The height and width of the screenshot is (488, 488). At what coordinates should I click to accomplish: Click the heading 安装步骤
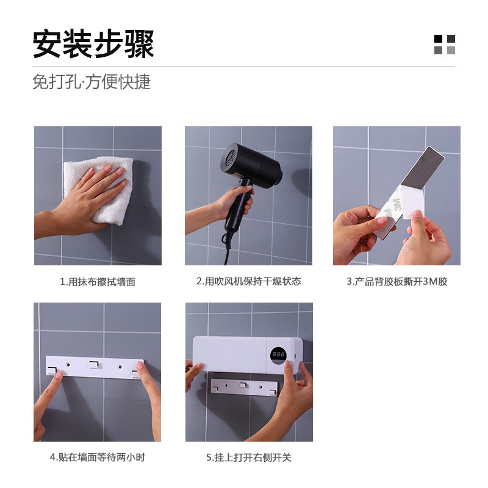point(93,45)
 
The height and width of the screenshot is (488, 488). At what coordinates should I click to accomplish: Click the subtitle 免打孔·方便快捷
point(91,82)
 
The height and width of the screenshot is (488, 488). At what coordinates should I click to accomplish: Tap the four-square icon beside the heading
point(444,45)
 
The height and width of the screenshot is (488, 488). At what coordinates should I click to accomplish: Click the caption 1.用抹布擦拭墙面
point(98,282)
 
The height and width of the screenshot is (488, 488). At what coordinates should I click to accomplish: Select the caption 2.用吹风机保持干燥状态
point(248,281)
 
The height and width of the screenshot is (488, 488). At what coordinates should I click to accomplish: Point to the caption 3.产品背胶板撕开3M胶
point(396,282)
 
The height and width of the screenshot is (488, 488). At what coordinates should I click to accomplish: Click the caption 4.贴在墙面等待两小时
point(98,457)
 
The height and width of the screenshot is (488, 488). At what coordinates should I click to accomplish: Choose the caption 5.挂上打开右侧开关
point(249,457)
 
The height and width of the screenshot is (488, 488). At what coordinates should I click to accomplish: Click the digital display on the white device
point(279,354)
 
